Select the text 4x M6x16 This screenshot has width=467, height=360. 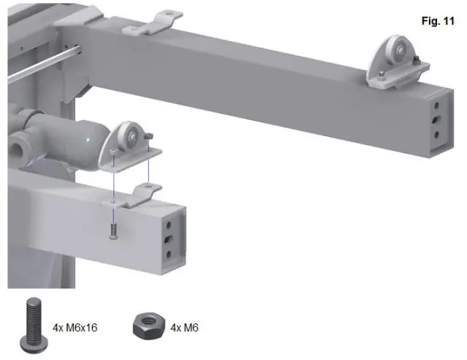tap(75, 327)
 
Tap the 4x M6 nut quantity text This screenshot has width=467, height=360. tap(185, 327)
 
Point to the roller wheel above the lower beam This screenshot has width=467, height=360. tap(129, 135)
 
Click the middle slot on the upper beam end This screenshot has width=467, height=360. tap(436, 119)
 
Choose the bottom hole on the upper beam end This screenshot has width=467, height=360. tap(437, 133)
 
